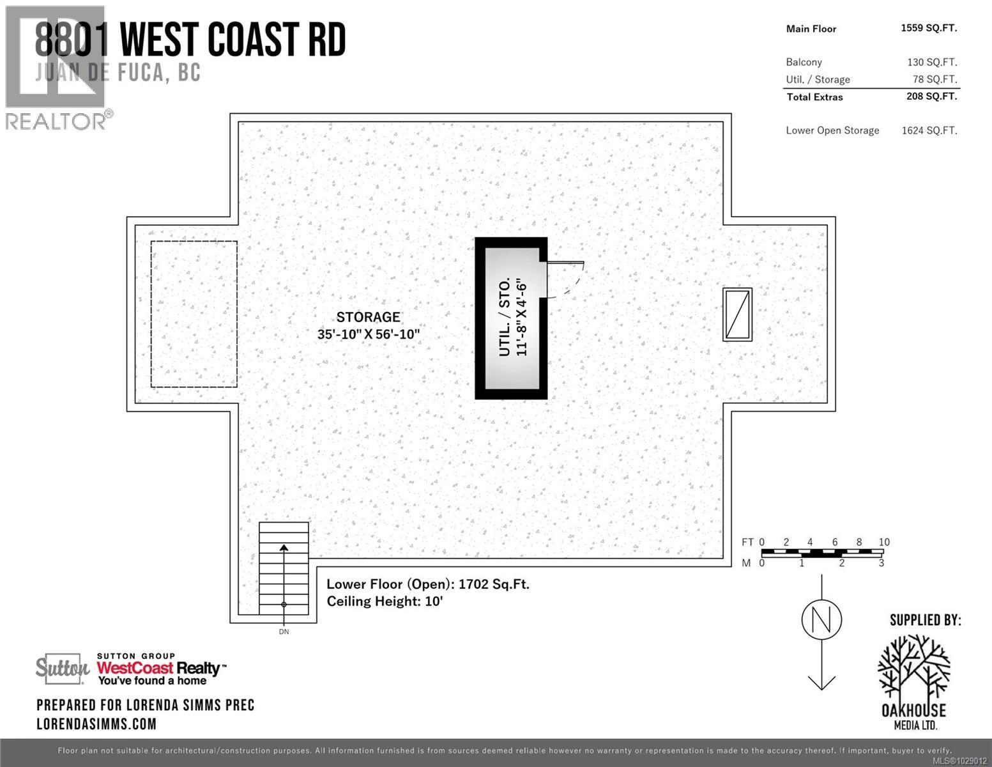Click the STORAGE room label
click(368, 317)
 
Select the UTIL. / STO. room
click(512, 318)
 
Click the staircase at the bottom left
click(284, 568)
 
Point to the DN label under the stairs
click(284, 631)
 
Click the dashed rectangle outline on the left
click(194, 314)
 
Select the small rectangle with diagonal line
click(737, 314)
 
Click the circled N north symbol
click(821, 619)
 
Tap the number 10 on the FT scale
click(883, 542)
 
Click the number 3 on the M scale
click(881, 563)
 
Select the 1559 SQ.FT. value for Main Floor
click(928, 28)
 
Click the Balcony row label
click(804, 62)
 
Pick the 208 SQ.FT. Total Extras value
click(931, 97)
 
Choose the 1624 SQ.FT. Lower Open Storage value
click(929, 130)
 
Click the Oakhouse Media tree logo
click(913, 668)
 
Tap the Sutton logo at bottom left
click(62, 669)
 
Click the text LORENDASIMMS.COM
click(96, 724)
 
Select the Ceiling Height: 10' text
click(385, 601)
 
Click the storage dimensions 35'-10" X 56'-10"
click(368, 334)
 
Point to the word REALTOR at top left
click(56, 121)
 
